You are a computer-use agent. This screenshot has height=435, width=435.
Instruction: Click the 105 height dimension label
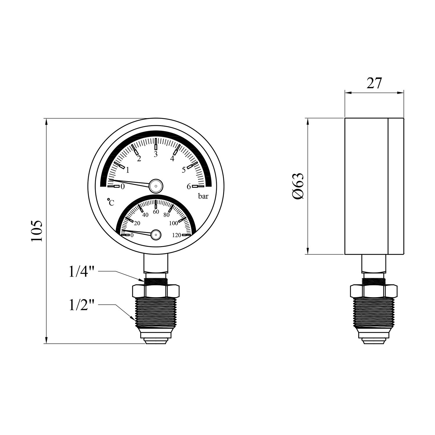click(x=37, y=231)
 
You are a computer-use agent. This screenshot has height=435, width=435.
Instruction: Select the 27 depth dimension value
click(x=374, y=84)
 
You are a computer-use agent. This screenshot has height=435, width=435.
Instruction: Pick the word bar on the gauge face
click(x=203, y=196)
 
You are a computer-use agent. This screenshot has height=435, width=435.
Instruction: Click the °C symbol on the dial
click(x=110, y=202)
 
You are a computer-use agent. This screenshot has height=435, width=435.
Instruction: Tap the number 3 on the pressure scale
click(x=156, y=154)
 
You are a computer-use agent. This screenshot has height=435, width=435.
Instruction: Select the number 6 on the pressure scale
click(x=188, y=186)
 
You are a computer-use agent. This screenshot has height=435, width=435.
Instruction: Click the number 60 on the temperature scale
click(x=156, y=212)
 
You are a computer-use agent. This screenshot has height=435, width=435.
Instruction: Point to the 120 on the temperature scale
click(x=177, y=235)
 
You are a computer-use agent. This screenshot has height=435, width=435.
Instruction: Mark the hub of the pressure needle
click(x=156, y=185)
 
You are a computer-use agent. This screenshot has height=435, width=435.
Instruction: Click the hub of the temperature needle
click(x=156, y=234)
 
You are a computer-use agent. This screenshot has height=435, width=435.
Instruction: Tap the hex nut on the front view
click(x=156, y=291)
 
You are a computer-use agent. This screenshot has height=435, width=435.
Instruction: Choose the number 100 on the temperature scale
click(x=173, y=223)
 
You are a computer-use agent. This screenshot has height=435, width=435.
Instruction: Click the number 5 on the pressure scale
click(x=184, y=170)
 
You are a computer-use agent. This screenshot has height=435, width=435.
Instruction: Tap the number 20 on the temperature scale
click(x=137, y=223)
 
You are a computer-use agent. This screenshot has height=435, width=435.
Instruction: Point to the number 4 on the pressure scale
click(x=172, y=159)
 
